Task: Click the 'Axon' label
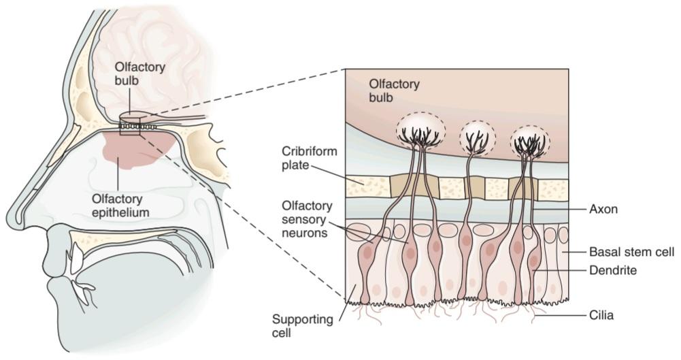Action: (x=603, y=210)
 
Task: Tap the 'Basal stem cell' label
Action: (x=631, y=252)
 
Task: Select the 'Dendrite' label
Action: (x=613, y=270)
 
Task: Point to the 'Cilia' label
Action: (x=601, y=315)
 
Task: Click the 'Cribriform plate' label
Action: (x=310, y=158)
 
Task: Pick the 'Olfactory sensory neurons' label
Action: (x=307, y=219)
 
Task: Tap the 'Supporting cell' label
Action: (x=302, y=326)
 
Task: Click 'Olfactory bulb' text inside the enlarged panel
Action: (x=395, y=91)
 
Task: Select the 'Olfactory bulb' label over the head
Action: (x=140, y=73)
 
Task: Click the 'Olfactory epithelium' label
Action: (x=120, y=206)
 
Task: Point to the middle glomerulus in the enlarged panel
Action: (x=478, y=137)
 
